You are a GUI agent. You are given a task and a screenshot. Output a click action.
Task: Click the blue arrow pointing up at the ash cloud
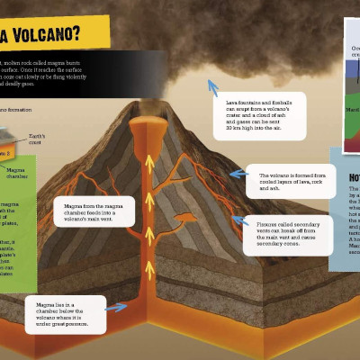click(212, 86)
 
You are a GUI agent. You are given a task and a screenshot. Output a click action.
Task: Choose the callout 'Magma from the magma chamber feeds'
click(94, 212)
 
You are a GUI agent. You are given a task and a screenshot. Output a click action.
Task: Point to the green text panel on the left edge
click(18, 225)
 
